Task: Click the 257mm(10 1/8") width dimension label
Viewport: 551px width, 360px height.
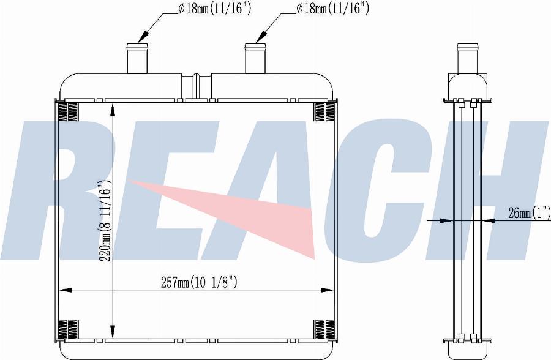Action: tap(199, 282)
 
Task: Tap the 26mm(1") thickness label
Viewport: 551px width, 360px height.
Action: tap(528, 212)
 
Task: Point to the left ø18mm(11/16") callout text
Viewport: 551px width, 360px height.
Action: tap(214, 9)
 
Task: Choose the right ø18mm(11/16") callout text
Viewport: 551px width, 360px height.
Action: tap(332, 9)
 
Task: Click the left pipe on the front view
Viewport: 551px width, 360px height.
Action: tap(137, 58)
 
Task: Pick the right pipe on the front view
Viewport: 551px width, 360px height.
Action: tap(255, 58)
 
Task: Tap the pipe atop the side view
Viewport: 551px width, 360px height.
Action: tap(467, 58)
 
